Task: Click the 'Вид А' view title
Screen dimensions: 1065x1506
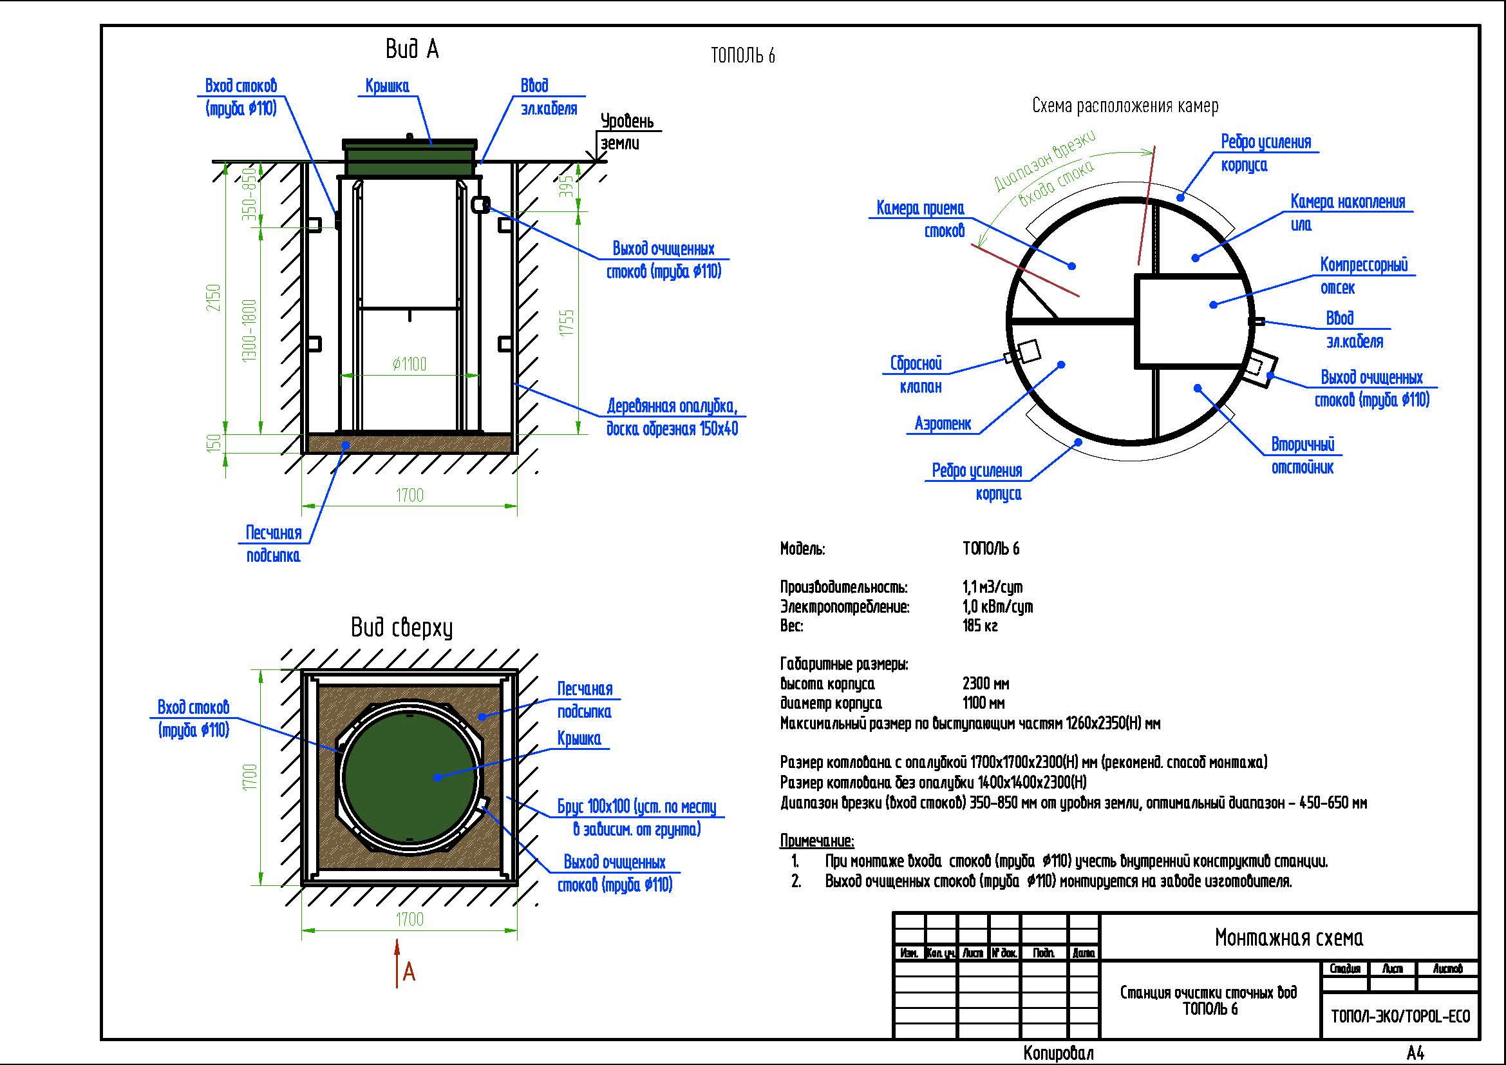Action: click(x=411, y=50)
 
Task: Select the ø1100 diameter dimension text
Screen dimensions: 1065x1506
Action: click(x=409, y=363)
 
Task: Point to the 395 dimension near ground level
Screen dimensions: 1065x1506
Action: click(x=568, y=186)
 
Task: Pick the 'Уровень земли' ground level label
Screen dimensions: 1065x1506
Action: click(x=626, y=132)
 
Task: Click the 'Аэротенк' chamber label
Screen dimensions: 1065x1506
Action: click(x=943, y=424)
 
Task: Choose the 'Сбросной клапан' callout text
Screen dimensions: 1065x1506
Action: click(x=916, y=375)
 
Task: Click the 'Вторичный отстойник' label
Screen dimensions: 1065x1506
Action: click(x=1303, y=456)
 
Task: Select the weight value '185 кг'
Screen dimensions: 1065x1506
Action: click(x=980, y=626)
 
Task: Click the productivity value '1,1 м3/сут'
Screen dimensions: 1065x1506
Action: click(x=992, y=587)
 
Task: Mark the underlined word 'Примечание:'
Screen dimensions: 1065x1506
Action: click(x=816, y=841)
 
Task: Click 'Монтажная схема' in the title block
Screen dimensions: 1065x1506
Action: click(x=1289, y=937)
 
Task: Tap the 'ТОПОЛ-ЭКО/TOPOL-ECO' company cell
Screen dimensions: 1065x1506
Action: click(x=1400, y=1017)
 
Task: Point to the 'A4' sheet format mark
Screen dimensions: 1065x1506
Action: click(x=1415, y=1053)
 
